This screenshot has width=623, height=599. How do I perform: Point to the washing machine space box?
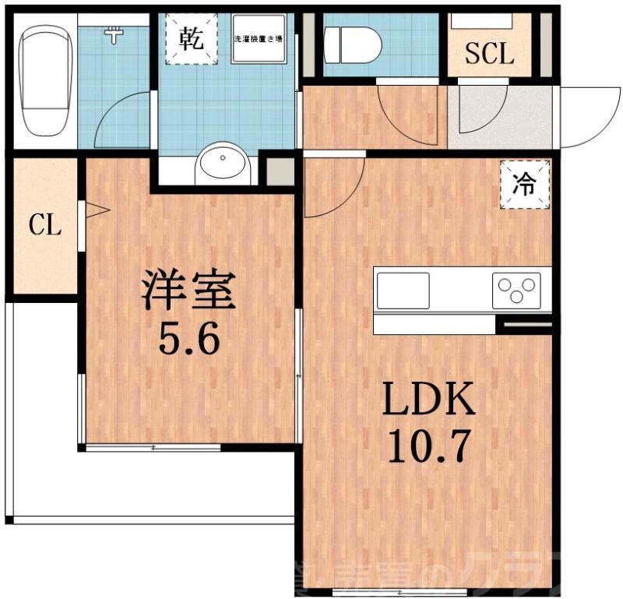click(x=258, y=39)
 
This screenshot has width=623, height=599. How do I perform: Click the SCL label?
click(x=489, y=54)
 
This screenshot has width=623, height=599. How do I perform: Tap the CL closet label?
click(x=44, y=227)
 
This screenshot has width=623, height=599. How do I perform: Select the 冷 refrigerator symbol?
click(x=525, y=185)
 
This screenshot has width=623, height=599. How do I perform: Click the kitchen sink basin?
click(x=403, y=290)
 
